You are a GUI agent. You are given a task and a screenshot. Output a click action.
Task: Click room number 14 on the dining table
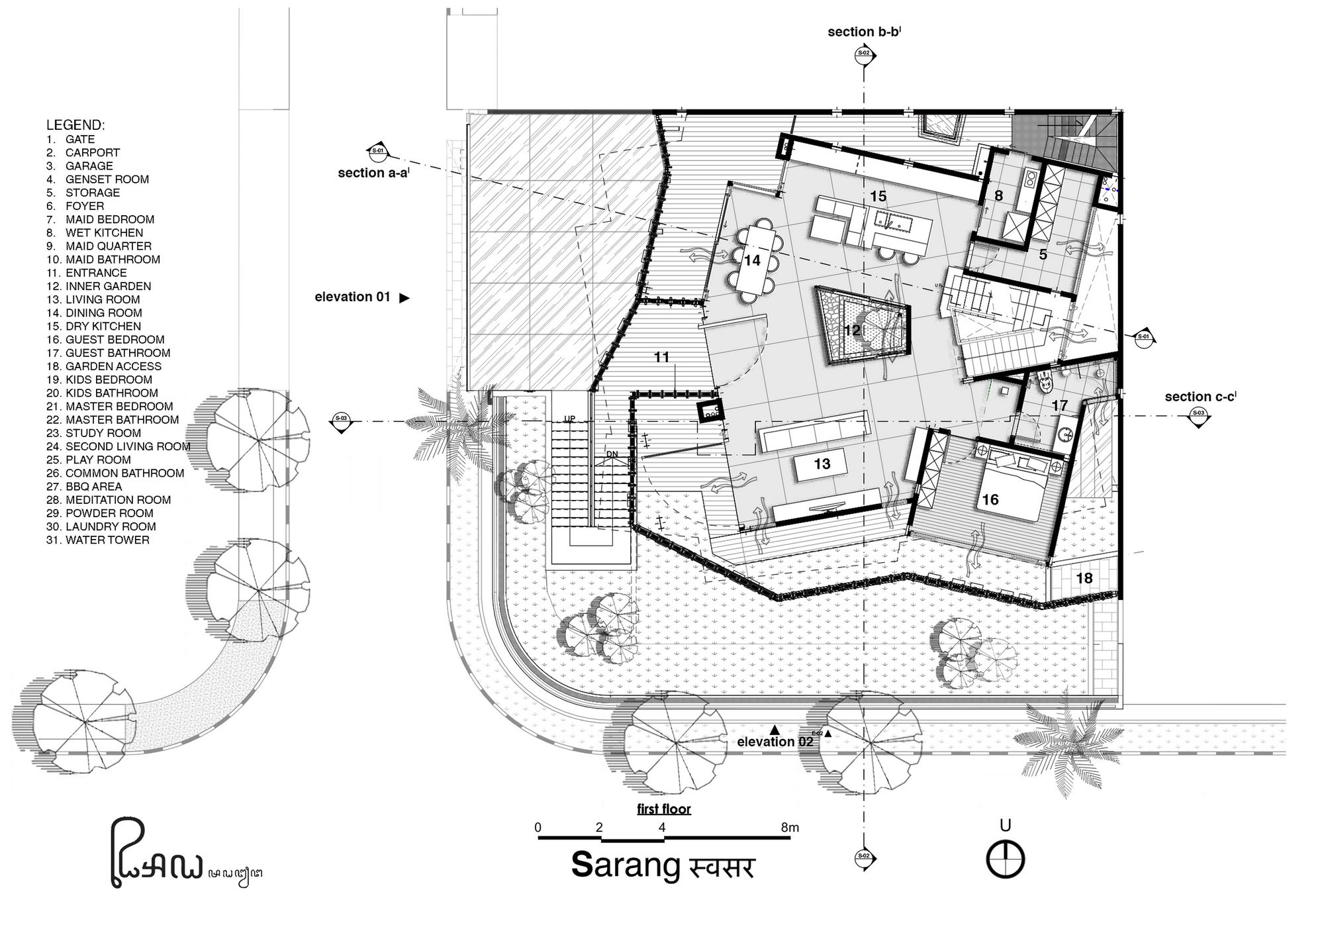[752, 260]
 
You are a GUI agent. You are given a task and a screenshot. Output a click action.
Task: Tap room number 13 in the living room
[822, 464]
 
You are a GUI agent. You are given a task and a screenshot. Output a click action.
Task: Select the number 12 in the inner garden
[852, 330]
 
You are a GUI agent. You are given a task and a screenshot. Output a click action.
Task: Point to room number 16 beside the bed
[990, 499]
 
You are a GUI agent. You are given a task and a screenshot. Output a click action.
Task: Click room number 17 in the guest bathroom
[1060, 405]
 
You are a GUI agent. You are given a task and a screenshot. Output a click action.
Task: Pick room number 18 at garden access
[1084, 578]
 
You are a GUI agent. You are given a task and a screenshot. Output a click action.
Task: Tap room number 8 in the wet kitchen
[998, 195]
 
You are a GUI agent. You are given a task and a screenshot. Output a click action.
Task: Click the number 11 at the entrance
[662, 357]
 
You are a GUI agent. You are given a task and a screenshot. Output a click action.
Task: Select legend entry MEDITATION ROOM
[109, 500]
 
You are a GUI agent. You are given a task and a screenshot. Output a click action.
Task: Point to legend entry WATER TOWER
[98, 540]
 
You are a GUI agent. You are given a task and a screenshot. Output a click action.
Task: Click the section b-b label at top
[863, 32]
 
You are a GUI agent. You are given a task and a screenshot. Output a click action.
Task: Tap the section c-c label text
[1200, 397]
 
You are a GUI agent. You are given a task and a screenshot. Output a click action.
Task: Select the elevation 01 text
[352, 297]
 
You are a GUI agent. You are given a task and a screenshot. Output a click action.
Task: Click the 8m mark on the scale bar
[790, 827]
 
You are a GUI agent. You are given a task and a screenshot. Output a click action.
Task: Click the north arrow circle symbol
[1006, 860]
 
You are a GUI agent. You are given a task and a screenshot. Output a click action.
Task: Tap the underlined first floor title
[664, 809]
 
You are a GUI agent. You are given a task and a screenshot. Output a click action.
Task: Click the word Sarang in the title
[626, 865]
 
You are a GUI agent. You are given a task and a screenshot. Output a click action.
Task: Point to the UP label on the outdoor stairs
[569, 419]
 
